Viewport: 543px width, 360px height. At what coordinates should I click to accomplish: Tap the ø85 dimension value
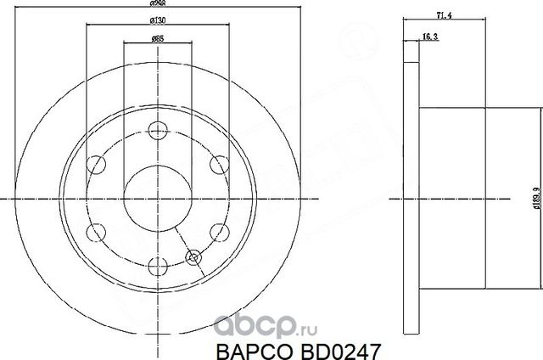[x=157, y=38]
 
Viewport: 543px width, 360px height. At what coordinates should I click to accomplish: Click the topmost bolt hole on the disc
[x=157, y=131]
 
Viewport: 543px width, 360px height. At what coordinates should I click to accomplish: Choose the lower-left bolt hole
[x=98, y=231]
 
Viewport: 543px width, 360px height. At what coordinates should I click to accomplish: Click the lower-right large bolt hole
[x=216, y=231]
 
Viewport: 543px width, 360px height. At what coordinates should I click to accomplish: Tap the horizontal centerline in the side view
[x=450, y=199]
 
